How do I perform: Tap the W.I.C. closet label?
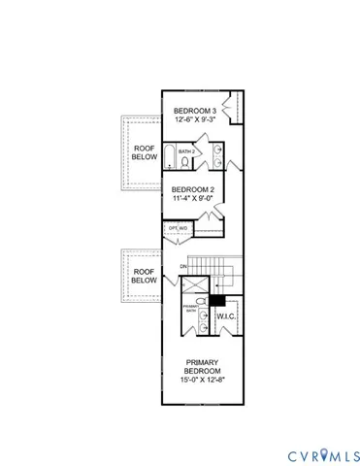point(227,316)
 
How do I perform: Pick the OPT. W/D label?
point(179,229)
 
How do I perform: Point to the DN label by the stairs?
point(182,267)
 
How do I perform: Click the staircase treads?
point(211,266)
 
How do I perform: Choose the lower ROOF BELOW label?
point(143,276)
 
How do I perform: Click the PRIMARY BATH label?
point(190,309)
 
